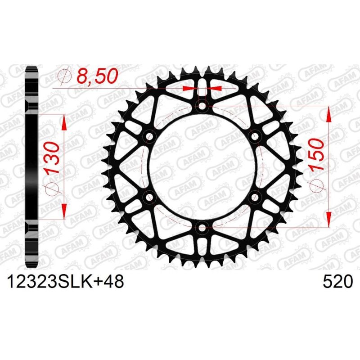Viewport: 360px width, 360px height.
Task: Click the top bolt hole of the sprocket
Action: point(202,106)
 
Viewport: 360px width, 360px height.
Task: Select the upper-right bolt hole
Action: point(255,136)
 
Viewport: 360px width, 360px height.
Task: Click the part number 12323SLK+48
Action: point(65,282)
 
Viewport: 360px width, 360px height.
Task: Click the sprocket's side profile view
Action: point(31,166)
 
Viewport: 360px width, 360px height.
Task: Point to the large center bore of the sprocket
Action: point(202,166)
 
